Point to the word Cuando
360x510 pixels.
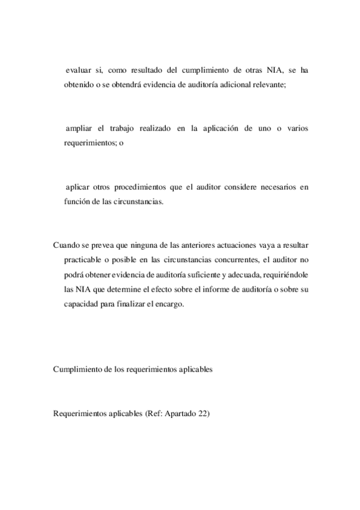point(67,246)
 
